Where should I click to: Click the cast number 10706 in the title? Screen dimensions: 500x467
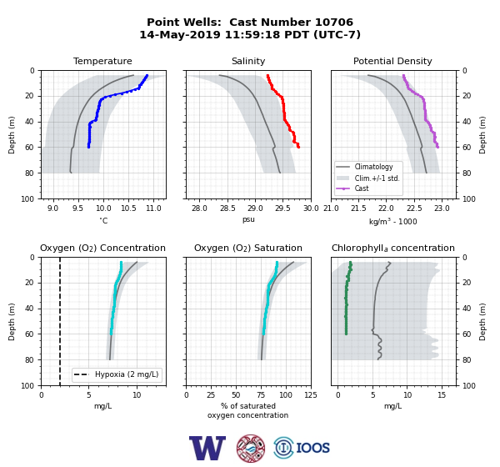pos(334,23)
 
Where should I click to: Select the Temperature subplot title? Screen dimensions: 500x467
pos(102,61)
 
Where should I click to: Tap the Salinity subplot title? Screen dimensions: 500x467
pos(248,61)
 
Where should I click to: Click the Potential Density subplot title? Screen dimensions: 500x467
pos(392,61)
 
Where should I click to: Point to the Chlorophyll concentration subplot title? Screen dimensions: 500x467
pos(393,248)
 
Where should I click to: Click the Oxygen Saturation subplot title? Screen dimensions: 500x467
pos(248,248)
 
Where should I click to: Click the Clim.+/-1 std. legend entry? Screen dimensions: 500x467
pos(368,178)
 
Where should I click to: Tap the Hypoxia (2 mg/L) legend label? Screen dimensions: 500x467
pos(127,374)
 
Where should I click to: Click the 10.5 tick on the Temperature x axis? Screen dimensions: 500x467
pos(128,208)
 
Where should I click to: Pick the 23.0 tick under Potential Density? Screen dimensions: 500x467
pos(442,208)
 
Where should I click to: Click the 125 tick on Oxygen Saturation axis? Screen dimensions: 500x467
pos(311,395)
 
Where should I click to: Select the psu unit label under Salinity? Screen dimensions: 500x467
pos(248,219)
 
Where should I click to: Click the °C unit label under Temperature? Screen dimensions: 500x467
pos(103,220)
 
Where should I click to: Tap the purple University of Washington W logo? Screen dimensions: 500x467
pos(207,448)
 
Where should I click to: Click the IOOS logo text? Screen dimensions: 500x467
pos(312,448)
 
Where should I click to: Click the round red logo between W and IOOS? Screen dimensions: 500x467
pos(251,448)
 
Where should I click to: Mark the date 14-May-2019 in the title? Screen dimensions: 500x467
pos(180,34)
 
